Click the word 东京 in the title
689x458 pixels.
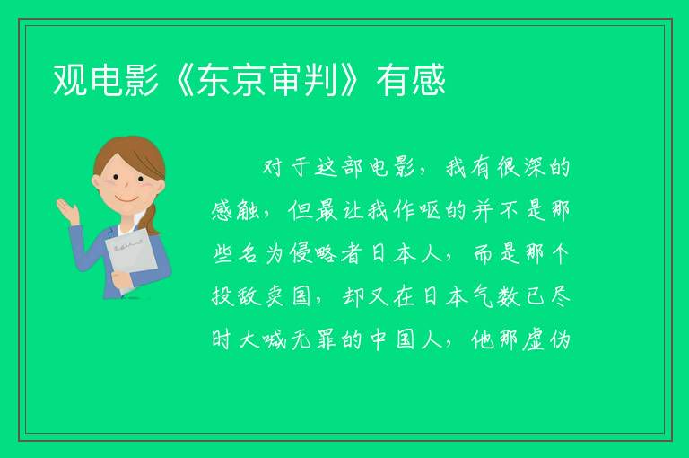pos(232,80)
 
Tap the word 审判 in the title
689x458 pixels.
pos(304,80)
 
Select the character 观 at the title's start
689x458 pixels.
pos(70,80)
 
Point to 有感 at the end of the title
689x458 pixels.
pos(411,80)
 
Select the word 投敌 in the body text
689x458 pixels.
pos(237,296)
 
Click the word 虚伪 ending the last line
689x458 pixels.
pos(546,339)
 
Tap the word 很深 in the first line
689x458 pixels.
pos(521,168)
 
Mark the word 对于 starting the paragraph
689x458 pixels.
pos(286,168)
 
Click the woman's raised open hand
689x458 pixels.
pos(66,210)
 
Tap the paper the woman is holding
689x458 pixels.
pos(132,260)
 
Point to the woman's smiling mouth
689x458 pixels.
pos(127,198)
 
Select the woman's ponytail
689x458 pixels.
pos(153,218)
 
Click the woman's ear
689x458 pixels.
pos(97,181)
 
